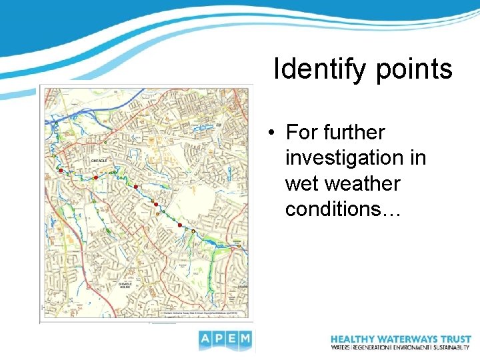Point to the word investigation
pyautogui.click(x=355, y=158)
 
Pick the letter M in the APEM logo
pyautogui.click(x=245, y=341)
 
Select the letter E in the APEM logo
pyautogui.click(x=232, y=341)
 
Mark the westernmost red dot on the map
pyautogui.click(x=60, y=171)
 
